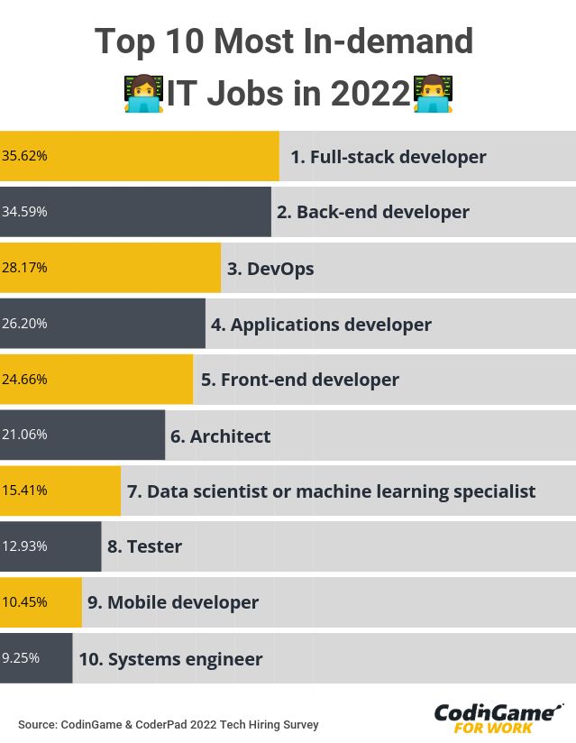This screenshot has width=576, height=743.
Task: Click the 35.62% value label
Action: (x=24, y=156)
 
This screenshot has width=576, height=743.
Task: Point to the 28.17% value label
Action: (x=24, y=268)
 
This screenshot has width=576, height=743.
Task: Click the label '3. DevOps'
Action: (x=270, y=269)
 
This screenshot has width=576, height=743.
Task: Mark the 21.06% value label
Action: (x=24, y=435)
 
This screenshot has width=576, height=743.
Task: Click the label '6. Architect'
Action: (x=220, y=436)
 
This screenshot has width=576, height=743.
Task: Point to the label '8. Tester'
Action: (x=144, y=546)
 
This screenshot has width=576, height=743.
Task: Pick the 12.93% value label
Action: (x=24, y=546)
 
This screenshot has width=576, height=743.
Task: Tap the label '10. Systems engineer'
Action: (x=170, y=659)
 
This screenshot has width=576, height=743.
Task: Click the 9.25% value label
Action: (x=21, y=658)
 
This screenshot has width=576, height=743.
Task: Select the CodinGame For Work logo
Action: (x=498, y=718)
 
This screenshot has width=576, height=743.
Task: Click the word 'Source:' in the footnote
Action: (x=37, y=725)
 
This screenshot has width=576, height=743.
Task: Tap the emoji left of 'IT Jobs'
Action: (x=143, y=93)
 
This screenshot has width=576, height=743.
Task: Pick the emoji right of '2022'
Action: (x=433, y=93)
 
